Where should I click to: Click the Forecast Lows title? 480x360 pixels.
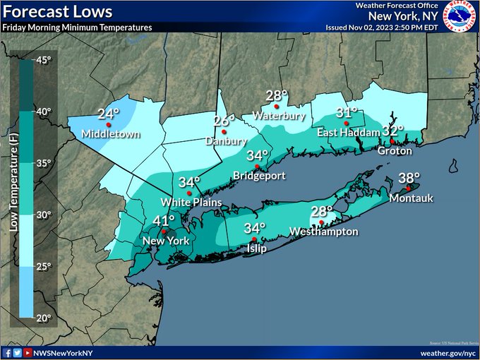pos(57,11)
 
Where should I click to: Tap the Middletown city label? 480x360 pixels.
pos(110,133)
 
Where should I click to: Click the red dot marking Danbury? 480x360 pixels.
pos(224,131)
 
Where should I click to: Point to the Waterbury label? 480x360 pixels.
pos(278,115)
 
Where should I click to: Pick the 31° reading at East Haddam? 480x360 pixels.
pos(347,113)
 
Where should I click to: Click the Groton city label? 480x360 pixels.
pos(395,151)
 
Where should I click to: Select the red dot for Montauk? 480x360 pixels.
pos(408,188)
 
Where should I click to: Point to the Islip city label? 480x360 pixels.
pos(256,249)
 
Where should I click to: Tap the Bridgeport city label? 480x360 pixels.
pos(257,174)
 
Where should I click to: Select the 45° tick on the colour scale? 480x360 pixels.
pos(43,60)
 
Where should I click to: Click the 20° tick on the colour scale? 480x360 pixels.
pos(43,318)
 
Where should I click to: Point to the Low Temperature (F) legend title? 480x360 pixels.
pos(13,187)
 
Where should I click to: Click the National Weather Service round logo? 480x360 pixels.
pos(460,16)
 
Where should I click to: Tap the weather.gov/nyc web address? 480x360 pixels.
pos(448,352)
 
